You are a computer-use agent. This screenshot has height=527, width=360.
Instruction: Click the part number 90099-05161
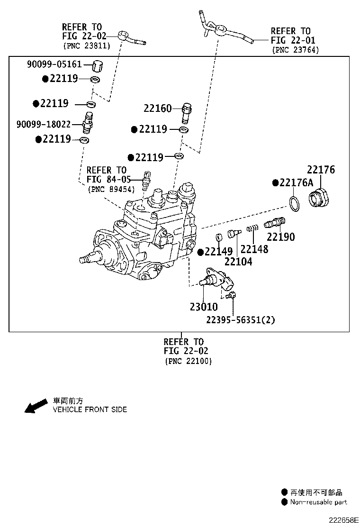[54, 64]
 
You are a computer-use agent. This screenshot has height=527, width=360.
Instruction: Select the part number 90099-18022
[44, 124]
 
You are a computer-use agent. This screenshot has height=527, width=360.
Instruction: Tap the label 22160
[157, 108]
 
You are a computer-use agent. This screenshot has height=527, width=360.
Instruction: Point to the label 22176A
[296, 182]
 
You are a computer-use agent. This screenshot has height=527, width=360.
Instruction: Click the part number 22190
[281, 237]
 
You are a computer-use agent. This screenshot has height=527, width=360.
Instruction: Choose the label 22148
[254, 249]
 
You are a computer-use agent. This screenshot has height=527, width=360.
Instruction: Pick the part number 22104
[238, 262]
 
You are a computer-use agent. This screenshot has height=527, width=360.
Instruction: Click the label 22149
[219, 251]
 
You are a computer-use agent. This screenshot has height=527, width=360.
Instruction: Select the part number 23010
[204, 307]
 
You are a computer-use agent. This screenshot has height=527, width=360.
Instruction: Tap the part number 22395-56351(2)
[241, 319]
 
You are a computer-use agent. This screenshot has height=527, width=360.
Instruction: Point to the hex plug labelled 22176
[319, 198]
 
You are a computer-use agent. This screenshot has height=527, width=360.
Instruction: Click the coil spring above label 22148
[252, 228]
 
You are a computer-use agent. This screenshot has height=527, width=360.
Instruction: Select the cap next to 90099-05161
[98, 66]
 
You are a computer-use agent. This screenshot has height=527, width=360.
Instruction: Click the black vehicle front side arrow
[36, 406]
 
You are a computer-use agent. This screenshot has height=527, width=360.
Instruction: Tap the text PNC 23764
[296, 50]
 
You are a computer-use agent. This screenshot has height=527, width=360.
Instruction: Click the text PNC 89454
[111, 189]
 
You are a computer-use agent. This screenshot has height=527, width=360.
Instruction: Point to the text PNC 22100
[189, 361]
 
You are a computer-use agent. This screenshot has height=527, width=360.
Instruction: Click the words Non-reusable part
[318, 502]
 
